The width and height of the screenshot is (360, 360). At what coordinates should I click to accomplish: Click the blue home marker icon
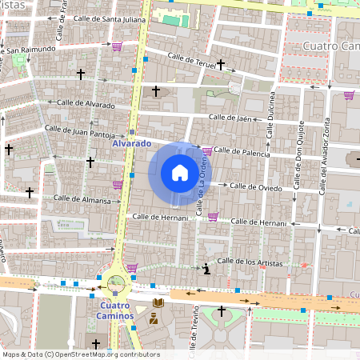click(180, 172)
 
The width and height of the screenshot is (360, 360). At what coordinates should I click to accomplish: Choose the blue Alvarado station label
click(131, 143)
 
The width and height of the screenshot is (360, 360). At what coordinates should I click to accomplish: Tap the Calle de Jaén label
click(231, 118)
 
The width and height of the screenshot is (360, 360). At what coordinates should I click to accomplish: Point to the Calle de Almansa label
click(82, 199)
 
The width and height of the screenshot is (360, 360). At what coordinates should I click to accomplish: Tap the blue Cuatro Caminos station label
click(116, 310)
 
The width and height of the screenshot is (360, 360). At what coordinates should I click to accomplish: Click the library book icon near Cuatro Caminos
click(158, 302)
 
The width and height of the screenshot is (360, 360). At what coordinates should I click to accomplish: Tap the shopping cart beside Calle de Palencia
click(207, 150)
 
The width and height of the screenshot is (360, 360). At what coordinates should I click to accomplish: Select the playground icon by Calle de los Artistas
click(206, 268)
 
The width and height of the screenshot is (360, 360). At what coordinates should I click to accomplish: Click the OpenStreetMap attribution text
click(81, 354)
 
